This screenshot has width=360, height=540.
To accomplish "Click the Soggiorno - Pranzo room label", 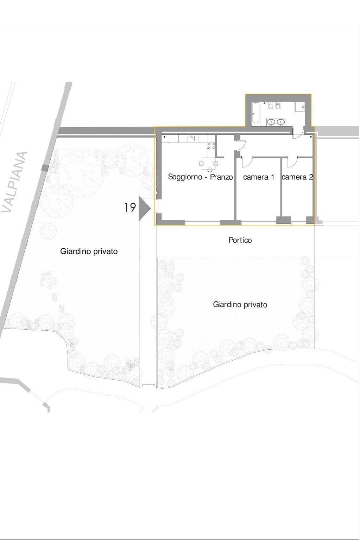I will coord(200,177).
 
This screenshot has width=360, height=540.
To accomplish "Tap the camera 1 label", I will coord(258,177).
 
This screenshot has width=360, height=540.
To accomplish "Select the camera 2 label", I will coord(297,177).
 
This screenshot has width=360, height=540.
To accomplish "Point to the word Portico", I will coord(240,240).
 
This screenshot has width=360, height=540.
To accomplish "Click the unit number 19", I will coord(130,208).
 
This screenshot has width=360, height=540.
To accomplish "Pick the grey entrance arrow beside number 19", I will coord(144,209).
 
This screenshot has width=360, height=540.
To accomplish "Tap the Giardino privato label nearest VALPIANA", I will coord(89,252).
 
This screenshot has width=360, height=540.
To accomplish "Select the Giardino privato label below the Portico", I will coord(240,305).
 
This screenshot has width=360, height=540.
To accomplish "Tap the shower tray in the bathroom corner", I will coord(300,107).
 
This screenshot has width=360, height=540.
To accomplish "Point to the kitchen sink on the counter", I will coord(192,138).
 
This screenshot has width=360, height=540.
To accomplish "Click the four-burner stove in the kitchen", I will coord(211,146).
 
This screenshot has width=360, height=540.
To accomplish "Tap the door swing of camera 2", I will coord(292,162).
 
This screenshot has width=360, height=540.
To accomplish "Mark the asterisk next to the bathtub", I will coord(264,103).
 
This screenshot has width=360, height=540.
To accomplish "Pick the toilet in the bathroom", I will coord(271,105).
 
